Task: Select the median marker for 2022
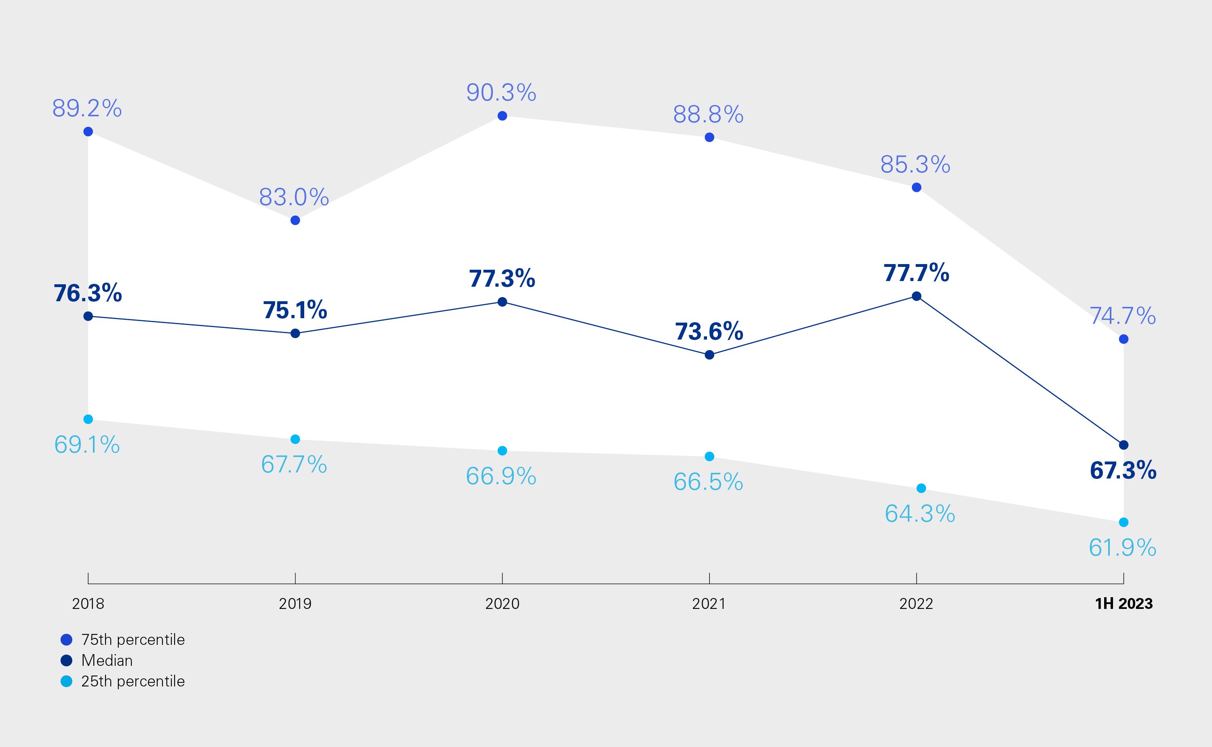(916, 296)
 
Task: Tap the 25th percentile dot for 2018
(88, 420)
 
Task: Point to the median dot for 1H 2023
(1124, 445)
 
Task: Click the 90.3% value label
(501, 93)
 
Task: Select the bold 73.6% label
(709, 332)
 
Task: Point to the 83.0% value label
(294, 197)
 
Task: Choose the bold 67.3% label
(1123, 470)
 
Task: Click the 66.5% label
(708, 482)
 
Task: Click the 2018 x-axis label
(88, 604)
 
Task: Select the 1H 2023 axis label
(1124, 604)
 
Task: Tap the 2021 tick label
(709, 604)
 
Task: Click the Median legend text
(107, 661)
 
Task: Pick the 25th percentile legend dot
(66, 681)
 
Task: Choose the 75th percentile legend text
(133, 640)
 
